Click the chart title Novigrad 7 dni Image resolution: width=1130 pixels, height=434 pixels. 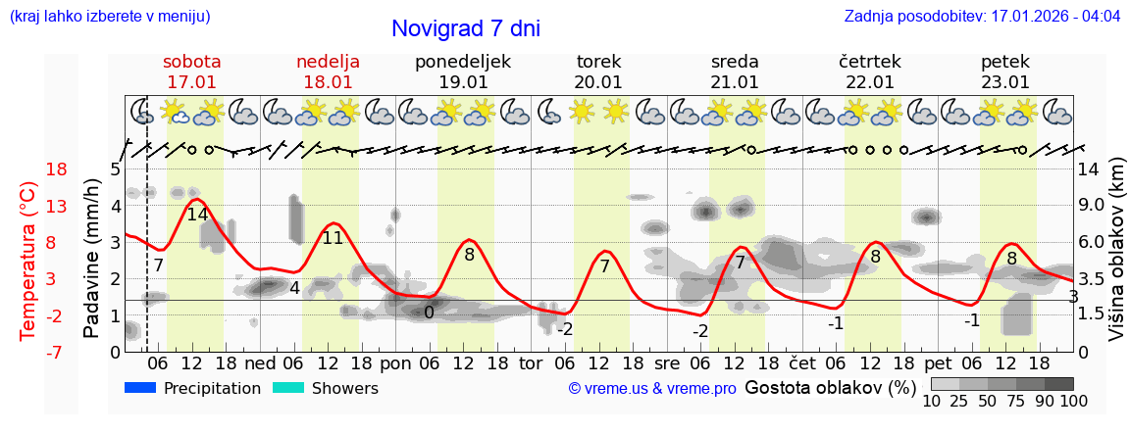click(x=465, y=28)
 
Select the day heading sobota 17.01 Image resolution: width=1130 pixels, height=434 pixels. click(x=192, y=72)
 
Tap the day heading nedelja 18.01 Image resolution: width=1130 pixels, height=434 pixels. click(x=328, y=72)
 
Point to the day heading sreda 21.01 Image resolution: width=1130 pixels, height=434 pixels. click(x=735, y=72)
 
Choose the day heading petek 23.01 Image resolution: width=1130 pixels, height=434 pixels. click(x=1005, y=72)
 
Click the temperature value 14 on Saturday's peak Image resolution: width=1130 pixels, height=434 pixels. click(x=197, y=215)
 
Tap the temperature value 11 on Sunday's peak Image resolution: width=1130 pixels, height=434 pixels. click(x=333, y=237)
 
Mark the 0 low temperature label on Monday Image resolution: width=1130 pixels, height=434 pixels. click(x=429, y=313)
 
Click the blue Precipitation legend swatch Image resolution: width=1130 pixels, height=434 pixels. click(x=140, y=388)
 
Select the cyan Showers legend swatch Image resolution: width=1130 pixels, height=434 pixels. click(x=287, y=388)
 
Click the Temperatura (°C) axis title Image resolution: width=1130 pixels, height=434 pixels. click(x=28, y=260)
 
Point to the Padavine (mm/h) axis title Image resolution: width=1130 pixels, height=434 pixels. click(x=92, y=260)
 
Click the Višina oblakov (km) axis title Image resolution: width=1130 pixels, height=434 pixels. click(x=1116, y=260)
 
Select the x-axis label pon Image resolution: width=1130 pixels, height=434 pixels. click(x=395, y=362)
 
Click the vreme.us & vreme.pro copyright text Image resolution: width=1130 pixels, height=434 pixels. click(x=652, y=389)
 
